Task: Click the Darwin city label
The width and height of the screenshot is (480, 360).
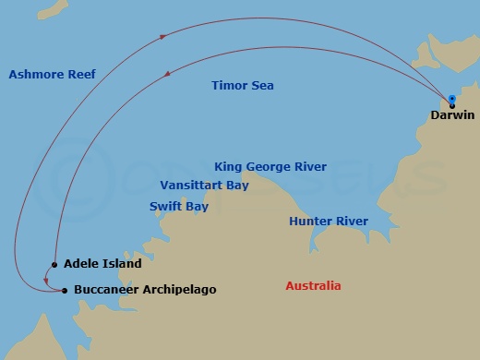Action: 452,115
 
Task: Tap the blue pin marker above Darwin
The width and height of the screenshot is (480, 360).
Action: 451,100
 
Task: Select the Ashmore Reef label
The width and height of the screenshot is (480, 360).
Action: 52,75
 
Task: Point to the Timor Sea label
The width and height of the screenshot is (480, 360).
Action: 243,86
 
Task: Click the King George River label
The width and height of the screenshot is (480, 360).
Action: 270,167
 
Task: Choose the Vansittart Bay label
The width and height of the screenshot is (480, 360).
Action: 204,185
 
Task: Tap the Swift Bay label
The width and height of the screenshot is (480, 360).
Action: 179,206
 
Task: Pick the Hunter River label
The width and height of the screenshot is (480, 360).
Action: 328,222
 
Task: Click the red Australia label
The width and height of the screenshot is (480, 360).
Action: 313,286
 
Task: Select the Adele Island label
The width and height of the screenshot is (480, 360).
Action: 102,264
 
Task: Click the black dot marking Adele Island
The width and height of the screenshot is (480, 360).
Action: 55,265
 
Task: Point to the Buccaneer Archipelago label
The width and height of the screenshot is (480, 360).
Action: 144,290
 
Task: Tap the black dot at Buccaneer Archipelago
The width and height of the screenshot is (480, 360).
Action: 64,291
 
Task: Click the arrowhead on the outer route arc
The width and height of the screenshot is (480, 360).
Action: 164,37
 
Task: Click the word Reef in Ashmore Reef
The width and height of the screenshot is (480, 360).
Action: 79,75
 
